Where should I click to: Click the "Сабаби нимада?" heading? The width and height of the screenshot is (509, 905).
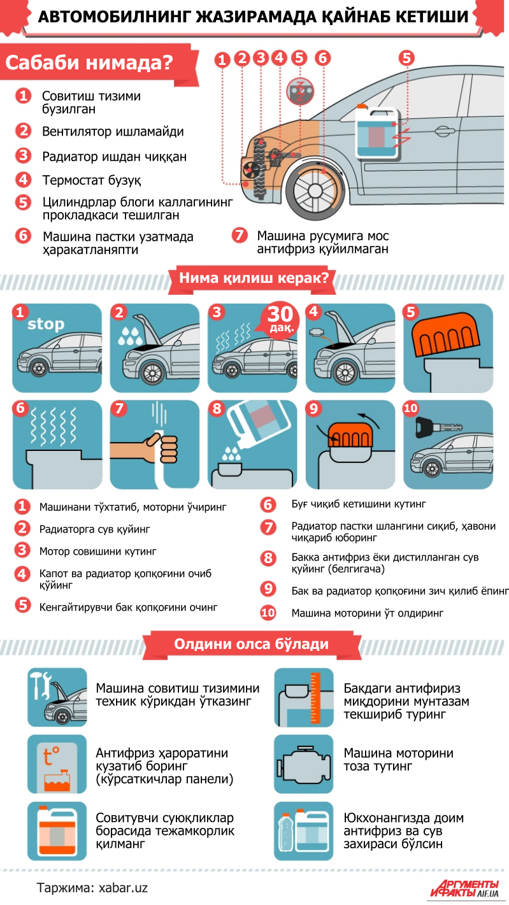coord(89,62)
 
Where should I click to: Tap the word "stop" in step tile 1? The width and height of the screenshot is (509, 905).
coord(46,324)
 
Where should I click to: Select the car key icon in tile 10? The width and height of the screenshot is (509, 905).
coord(438,427)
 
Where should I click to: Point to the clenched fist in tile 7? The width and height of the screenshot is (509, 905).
coord(164,448)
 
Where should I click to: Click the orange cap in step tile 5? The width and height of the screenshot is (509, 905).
coord(445,334)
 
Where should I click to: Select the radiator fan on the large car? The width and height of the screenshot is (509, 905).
coord(250,169)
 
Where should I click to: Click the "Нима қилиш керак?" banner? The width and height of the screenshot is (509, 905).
coord(254,278)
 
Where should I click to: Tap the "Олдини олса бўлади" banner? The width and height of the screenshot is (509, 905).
coord(251,644)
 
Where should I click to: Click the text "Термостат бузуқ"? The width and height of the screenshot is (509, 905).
coord(92,180)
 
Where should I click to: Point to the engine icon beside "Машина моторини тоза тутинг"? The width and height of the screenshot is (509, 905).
coord(303,764)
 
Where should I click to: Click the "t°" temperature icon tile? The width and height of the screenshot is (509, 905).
coord(57,764)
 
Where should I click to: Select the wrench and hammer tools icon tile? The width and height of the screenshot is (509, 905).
coord(57,697)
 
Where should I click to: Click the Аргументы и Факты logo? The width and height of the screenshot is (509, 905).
coord(464,888)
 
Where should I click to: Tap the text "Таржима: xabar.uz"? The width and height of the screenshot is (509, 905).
coord(92,888)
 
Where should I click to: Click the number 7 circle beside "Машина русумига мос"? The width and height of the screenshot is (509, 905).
coord(240,235)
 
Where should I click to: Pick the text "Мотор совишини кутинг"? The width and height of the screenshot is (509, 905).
coord(97,552)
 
